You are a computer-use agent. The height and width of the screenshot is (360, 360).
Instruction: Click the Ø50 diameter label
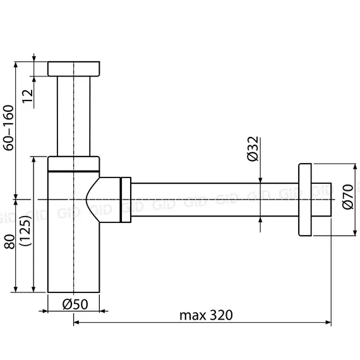tap(75, 303)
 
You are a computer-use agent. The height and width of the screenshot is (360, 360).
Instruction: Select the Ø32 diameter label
tap(251, 148)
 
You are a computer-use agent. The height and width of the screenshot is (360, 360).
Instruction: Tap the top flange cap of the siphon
tap(74, 69)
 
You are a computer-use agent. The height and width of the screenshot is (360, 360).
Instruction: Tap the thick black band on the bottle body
tap(74, 171)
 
